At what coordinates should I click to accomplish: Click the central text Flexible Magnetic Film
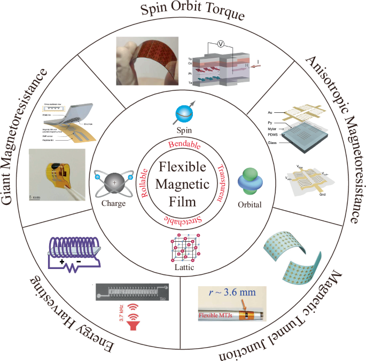(183, 181)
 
